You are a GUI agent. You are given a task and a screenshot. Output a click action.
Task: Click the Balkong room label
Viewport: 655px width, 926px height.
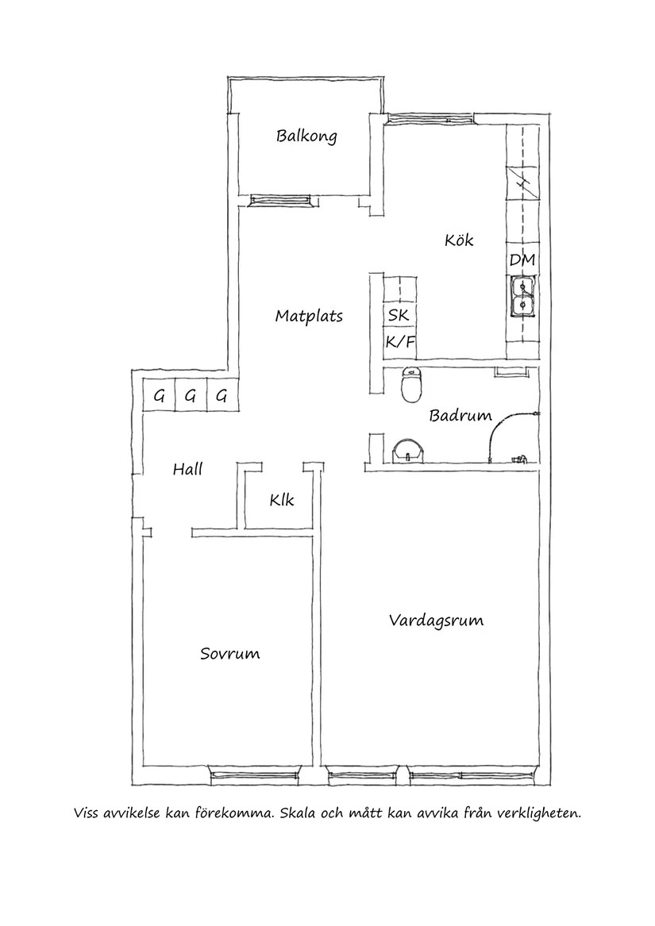coord(306,136)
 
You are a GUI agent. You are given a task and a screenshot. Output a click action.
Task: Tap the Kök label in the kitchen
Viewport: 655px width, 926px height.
coord(459,239)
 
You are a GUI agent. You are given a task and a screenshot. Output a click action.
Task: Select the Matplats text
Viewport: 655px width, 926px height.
coord(309,316)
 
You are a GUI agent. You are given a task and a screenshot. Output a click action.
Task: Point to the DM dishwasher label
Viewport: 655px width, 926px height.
coord(522,259)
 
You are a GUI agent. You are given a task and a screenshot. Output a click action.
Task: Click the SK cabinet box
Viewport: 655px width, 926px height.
coord(399,315)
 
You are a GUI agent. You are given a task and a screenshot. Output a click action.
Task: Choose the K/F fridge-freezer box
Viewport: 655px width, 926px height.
coord(399,343)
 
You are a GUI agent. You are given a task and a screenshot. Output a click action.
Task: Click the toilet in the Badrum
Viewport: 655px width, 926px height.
coord(411,385)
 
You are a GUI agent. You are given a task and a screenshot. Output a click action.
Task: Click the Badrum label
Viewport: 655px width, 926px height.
coord(460,415)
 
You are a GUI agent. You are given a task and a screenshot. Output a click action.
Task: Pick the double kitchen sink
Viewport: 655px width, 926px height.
coord(522,295)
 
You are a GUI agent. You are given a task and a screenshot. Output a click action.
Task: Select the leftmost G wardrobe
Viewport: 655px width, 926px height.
coord(159,396)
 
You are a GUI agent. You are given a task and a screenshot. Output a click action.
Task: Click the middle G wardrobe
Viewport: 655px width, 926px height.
coord(190,396)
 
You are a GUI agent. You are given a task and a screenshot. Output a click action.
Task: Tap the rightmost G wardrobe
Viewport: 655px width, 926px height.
coord(222,396)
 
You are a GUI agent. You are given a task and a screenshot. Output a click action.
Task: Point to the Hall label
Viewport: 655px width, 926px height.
coord(187,469)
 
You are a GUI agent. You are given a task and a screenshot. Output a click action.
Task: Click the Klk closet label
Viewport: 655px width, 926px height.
coord(281,500)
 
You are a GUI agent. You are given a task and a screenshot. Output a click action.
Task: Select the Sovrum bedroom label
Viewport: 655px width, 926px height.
coord(229,654)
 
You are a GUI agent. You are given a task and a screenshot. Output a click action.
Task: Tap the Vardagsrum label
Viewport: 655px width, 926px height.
coord(436,620)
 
